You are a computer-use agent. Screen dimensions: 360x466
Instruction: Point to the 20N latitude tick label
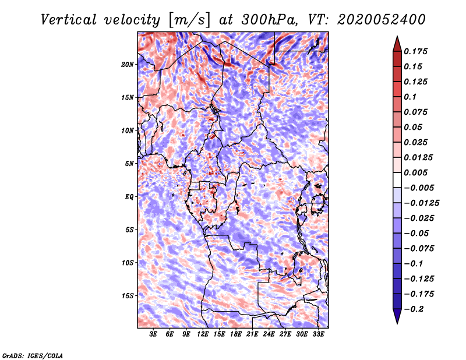click(x=128, y=64)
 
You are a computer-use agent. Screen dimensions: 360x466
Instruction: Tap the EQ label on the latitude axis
click(x=129, y=196)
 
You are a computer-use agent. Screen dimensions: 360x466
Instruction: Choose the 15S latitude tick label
click(x=128, y=295)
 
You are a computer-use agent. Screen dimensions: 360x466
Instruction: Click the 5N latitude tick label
click(x=129, y=163)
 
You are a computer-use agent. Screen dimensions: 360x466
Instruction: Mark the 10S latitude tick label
click(x=128, y=263)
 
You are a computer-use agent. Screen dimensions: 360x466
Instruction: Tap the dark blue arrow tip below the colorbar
click(x=396, y=318)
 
